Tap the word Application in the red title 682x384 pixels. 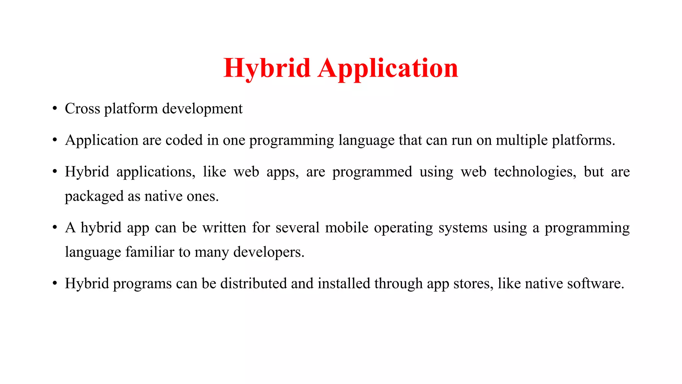click(388, 68)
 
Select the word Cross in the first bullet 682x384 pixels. click(82, 109)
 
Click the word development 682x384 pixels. click(202, 109)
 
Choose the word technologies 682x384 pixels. click(535, 172)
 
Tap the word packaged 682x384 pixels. click(94, 196)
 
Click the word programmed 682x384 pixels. click(372, 172)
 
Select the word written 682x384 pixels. click(224, 228)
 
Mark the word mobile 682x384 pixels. click(347, 228)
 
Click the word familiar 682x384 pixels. click(150, 252)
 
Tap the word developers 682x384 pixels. click(268, 252)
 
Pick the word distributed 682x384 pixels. click(253, 284)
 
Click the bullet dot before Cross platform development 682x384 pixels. click(55, 109)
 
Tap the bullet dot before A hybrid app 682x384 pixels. click(55, 228)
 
